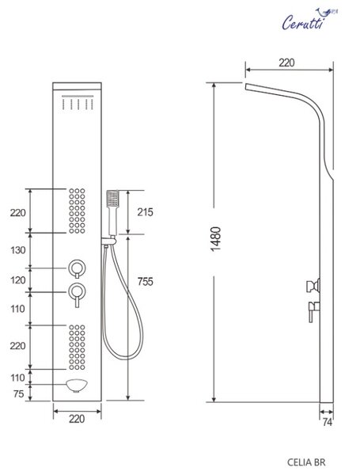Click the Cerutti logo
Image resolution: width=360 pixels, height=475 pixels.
(x=309, y=19)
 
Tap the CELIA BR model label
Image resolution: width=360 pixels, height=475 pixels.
(x=306, y=462)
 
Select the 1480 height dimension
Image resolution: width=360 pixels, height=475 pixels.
(x=215, y=239)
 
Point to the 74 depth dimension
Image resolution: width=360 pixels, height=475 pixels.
(x=327, y=422)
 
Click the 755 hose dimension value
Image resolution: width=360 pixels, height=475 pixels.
(x=146, y=281)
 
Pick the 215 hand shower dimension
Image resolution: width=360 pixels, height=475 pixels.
(x=145, y=212)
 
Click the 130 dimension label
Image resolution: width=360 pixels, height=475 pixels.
(x=18, y=250)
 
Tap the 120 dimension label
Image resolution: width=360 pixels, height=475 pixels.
(x=18, y=280)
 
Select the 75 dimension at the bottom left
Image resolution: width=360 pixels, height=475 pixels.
(x=18, y=393)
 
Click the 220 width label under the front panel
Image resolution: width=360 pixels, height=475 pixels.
(x=77, y=419)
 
